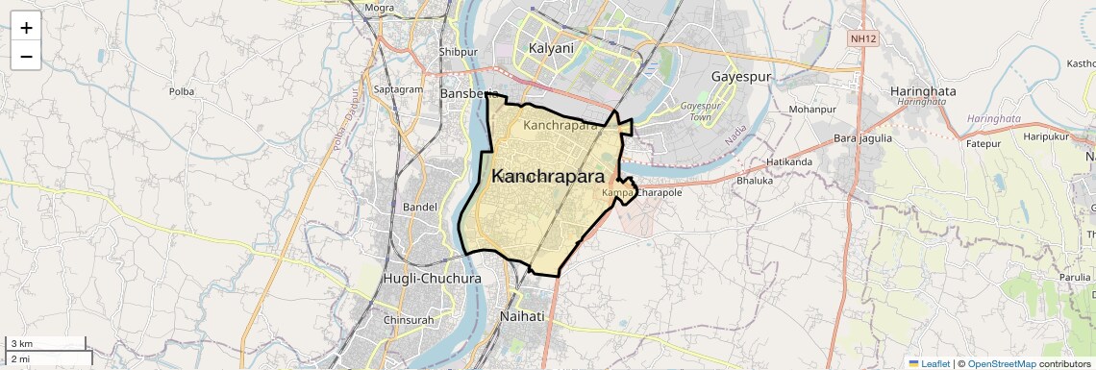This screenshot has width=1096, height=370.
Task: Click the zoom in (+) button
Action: pos(26,28)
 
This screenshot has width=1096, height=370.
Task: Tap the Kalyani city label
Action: pos(551,48)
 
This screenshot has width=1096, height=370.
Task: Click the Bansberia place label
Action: pos(469,94)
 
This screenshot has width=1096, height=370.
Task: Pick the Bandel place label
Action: pos(420,207)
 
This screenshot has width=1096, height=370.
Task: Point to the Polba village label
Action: pos(181,91)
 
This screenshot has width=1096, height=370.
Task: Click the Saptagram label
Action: pos(398,89)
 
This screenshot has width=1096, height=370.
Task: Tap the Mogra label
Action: pos(380,8)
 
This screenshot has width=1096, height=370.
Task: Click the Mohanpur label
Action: pos(810,109)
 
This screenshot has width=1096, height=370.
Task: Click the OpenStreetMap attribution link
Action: pos(1001,363)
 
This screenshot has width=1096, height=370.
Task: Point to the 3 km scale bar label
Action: pos(21,343)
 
